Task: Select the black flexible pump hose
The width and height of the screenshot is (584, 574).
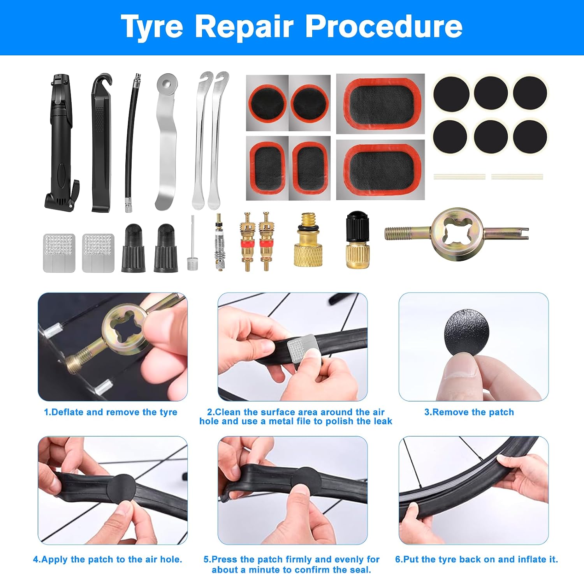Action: (x=131, y=143)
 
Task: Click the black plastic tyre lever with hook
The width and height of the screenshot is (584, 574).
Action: (x=101, y=143)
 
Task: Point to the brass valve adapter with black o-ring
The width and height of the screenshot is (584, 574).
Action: (x=306, y=240)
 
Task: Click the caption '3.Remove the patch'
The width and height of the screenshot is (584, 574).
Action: (x=469, y=412)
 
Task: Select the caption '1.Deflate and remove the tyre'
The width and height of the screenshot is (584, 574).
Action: (x=111, y=412)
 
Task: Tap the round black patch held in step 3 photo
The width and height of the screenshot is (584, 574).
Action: (x=466, y=332)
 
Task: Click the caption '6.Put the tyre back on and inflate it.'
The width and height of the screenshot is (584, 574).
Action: (x=477, y=560)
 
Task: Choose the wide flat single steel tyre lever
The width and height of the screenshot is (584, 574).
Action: (x=166, y=142)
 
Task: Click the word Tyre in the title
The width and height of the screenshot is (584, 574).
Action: (x=152, y=27)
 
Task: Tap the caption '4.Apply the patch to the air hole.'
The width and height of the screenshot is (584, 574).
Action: (x=108, y=560)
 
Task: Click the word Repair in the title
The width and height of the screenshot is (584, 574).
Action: (x=244, y=27)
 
